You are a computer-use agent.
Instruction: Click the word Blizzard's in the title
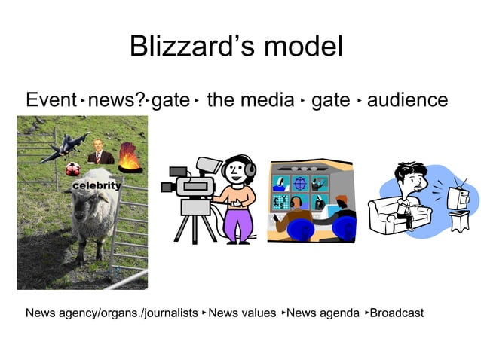click(x=185, y=47)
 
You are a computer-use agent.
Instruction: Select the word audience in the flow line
click(x=407, y=100)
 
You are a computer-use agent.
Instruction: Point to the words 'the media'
click(x=250, y=100)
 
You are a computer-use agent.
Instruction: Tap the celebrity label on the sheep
click(x=97, y=185)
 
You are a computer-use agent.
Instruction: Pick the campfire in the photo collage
click(x=129, y=158)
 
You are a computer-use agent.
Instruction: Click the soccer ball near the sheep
click(x=72, y=169)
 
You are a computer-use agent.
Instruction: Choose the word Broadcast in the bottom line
click(x=397, y=313)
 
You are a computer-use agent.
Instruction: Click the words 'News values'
click(x=242, y=313)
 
